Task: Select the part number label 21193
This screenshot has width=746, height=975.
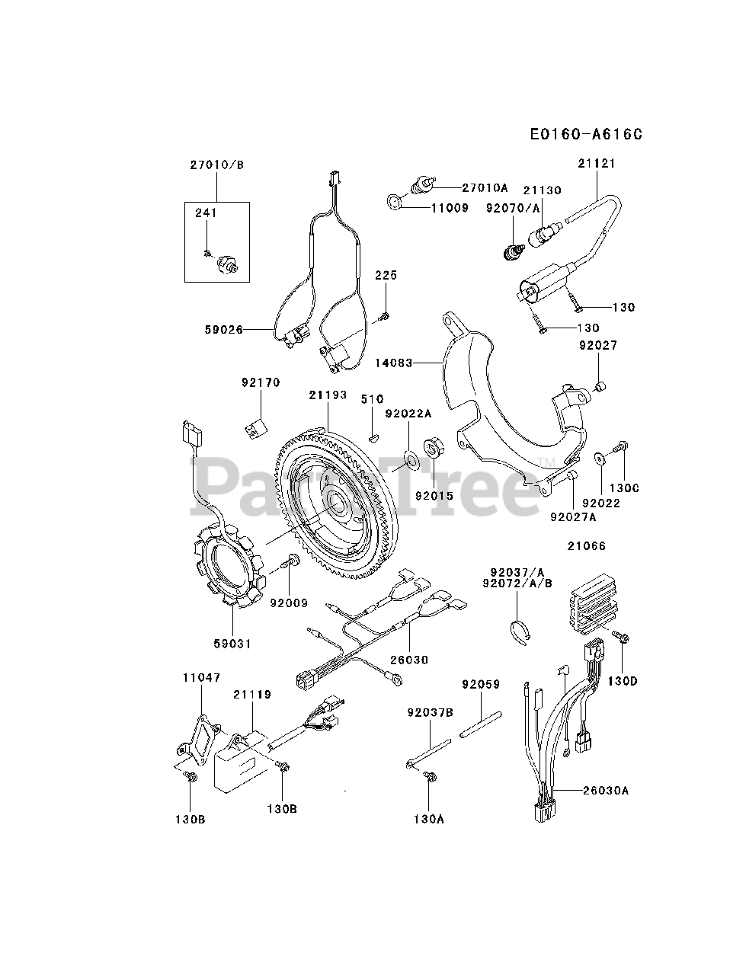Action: (328, 395)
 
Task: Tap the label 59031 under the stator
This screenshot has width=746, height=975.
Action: (232, 644)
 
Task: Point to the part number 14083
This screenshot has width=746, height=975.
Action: (393, 363)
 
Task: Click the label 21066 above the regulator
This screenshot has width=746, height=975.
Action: (587, 546)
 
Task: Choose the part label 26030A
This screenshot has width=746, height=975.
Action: (603, 790)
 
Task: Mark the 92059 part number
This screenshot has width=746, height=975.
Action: (480, 684)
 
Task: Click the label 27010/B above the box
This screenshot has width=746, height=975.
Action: (216, 165)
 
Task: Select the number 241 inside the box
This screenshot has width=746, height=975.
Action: (206, 213)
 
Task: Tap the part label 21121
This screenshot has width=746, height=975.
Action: (597, 163)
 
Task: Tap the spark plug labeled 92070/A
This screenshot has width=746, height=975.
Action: (515, 249)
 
